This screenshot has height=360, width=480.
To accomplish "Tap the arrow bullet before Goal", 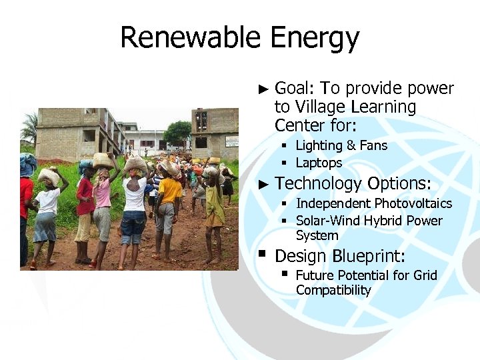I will click(263, 89).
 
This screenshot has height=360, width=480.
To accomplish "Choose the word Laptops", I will click(319, 163).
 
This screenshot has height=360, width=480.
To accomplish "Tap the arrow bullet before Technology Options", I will click(263, 183).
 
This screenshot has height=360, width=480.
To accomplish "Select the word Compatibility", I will click(333, 290).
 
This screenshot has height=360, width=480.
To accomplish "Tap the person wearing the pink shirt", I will click(102, 200).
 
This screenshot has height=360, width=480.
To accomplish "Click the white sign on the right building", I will click(231, 141).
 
